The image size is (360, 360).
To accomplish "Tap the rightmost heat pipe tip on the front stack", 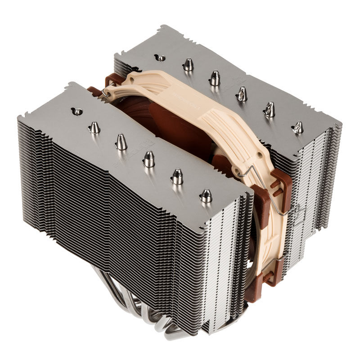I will (206, 195).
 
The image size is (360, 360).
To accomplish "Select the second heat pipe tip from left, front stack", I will (94, 127).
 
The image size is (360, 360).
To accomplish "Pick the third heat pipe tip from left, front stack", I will (121, 142).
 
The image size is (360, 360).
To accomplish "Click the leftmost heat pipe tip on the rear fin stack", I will (160, 57).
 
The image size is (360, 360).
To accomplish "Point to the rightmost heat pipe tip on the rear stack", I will (297, 127).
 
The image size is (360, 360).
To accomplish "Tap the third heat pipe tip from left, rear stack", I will (215, 78).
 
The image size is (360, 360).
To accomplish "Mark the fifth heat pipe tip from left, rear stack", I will (270, 109).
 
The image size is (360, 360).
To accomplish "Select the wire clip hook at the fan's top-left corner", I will (104, 93).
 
